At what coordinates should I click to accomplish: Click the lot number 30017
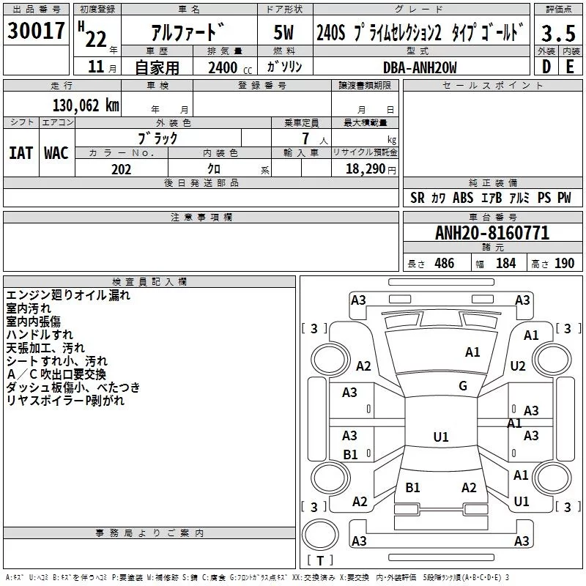(36, 31)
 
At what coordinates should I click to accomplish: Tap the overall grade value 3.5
(558, 33)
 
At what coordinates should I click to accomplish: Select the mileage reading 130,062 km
(86, 105)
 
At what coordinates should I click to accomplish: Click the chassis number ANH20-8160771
(492, 233)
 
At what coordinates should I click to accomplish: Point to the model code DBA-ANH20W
(420, 67)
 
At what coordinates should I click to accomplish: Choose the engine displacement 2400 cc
(230, 67)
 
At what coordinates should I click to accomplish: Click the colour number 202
(121, 169)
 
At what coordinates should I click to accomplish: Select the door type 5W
(283, 32)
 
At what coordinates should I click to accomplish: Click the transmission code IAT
(21, 153)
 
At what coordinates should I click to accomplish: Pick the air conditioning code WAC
(56, 153)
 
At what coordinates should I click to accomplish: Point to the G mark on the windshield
(463, 386)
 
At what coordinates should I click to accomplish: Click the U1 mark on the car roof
(441, 437)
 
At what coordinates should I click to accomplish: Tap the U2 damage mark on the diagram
(518, 366)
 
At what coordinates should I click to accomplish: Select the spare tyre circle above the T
(320, 535)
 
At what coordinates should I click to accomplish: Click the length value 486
(445, 263)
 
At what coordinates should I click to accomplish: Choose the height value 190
(564, 263)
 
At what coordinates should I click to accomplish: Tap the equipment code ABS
(463, 198)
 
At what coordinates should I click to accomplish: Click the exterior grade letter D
(546, 67)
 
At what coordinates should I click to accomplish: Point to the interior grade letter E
(570, 67)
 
